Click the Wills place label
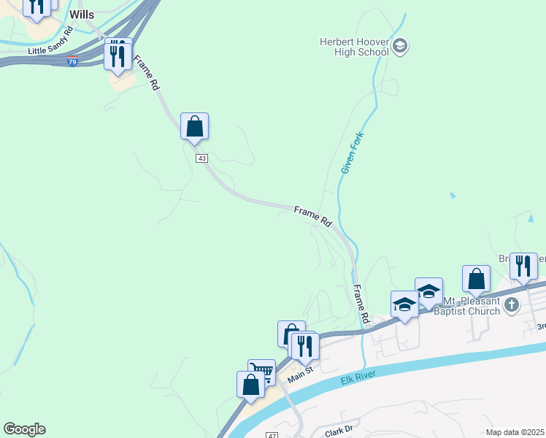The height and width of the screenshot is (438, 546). (82, 15)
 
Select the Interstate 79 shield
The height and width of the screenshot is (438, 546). (73, 63)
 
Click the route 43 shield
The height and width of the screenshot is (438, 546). (201, 158)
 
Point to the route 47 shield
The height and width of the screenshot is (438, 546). (272, 435)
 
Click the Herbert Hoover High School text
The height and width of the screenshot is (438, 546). (354, 47)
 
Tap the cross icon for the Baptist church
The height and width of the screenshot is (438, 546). (512, 304)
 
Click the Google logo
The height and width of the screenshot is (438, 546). (24, 429)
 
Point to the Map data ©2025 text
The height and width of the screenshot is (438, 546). (515, 431)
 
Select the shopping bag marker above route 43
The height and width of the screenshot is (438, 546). (194, 126)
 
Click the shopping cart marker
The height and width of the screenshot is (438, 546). (262, 372)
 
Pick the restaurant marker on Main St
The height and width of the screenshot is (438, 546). (304, 346)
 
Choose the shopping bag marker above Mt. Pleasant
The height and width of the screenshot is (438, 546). (476, 279)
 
